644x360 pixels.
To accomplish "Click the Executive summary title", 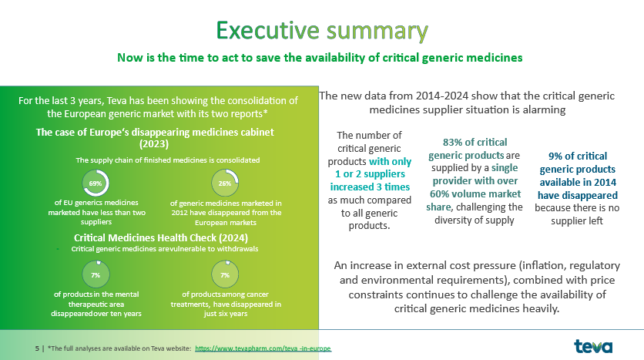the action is [322, 31].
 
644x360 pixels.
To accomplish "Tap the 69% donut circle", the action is [96, 183].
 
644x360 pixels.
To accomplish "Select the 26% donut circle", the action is [225, 183].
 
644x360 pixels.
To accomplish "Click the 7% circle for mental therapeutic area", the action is [96, 274].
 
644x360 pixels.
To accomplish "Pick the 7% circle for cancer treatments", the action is [225, 274].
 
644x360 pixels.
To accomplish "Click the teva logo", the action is [593, 346].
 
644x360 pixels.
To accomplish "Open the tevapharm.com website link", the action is [263, 348].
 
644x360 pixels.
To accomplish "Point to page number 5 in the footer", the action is [37, 348].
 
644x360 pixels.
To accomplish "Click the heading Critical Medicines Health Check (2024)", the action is [161, 238].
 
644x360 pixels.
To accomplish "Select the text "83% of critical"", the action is [475, 142].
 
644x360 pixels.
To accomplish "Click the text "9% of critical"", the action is [578, 156].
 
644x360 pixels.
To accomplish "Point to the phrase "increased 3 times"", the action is [370, 187].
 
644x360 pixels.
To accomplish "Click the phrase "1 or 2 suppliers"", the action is [370, 174].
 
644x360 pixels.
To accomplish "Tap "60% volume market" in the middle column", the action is [475, 193].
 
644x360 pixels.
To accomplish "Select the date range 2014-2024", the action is [442, 96].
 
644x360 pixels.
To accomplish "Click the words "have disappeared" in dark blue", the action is [578, 195].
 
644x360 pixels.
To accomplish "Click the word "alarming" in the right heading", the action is [544, 109].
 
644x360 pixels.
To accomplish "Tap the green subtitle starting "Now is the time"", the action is [320, 58].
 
